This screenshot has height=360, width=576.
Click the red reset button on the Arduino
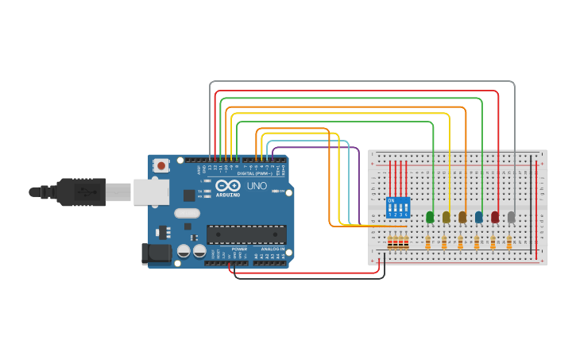tap(161, 165)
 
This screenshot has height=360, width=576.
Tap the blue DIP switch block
tap(397, 207)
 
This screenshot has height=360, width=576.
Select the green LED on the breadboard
tap(430, 216)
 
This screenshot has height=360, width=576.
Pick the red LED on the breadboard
tap(495, 216)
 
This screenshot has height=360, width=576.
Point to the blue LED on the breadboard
tap(478, 216)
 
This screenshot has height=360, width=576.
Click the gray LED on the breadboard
tap(511, 216)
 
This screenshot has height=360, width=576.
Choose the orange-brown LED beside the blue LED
tap(462, 216)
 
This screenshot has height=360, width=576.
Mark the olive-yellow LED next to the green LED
tap(446, 216)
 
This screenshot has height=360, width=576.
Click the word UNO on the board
tap(257, 186)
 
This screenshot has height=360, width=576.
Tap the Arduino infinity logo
tap(228, 185)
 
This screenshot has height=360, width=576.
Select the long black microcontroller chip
tap(246, 234)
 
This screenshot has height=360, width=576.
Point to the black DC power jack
tap(156, 254)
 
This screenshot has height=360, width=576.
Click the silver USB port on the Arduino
tap(150, 192)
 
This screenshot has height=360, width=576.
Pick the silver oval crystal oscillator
tap(187, 213)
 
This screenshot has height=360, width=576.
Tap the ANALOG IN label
tap(273, 249)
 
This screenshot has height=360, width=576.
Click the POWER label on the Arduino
tap(239, 249)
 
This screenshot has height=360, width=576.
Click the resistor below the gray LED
tap(508, 243)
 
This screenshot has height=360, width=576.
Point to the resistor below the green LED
tap(427, 243)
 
